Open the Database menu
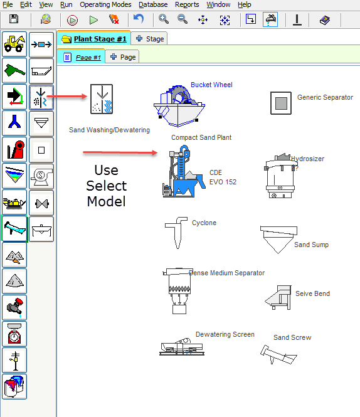(x=153, y=4)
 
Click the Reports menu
(x=187, y=4)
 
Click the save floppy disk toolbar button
(x=14, y=19)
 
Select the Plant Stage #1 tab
(x=94, y=39)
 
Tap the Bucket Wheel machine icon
(x=179, y=105)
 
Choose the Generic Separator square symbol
(x=281, y=103)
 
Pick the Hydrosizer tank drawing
(x=280, y=176)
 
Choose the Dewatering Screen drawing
(x=182, y=347)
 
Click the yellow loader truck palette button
(x=14, y=44)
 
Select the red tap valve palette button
(x=14, y=308)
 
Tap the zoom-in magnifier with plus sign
(x=163, y=19)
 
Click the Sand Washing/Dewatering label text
(x=109, y=130)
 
